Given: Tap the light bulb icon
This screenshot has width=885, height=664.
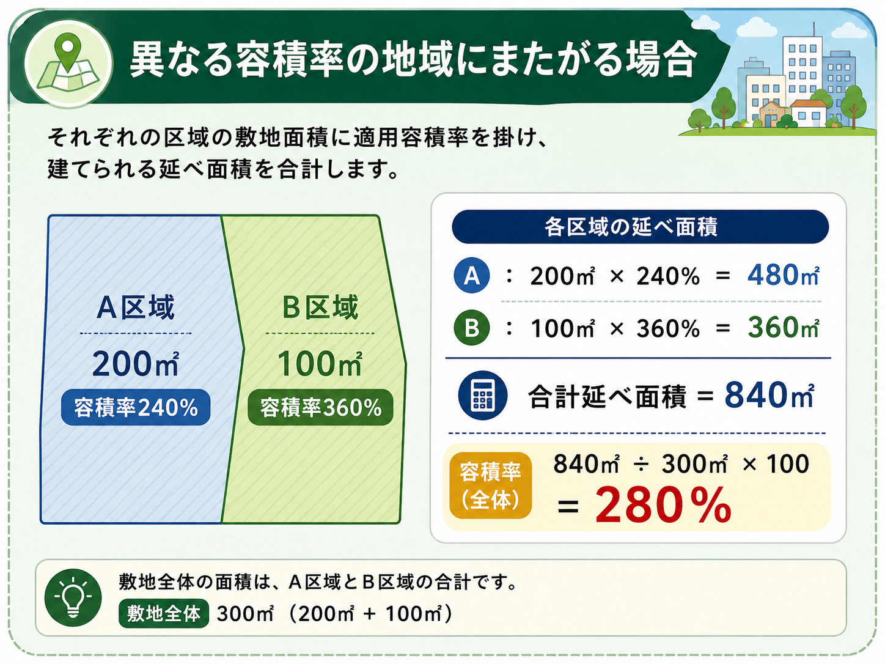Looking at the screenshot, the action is (73, 597).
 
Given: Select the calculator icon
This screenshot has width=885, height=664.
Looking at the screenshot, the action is (483, 395).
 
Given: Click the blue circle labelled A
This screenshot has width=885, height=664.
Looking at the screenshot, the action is (472, 275).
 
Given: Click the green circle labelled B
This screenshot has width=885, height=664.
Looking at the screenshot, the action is (472, 327).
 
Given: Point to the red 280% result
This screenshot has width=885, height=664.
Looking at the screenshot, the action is (663, 505).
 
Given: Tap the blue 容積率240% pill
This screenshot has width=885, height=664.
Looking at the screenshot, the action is (136, 407).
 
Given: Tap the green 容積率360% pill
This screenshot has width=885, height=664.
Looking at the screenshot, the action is (320, 407).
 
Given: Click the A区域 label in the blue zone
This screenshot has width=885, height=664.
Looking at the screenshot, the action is (136, 308).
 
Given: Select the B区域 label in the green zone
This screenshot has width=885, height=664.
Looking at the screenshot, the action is (320, 308).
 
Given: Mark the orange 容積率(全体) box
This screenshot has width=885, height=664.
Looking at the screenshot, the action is (490, 485).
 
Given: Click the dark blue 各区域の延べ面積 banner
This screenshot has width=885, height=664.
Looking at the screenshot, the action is (641, 227).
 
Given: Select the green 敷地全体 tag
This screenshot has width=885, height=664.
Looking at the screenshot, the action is (164, 614).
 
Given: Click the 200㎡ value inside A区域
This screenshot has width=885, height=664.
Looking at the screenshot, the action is (136, 364).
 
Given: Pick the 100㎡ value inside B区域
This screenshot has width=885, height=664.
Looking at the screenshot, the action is (320, 364).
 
